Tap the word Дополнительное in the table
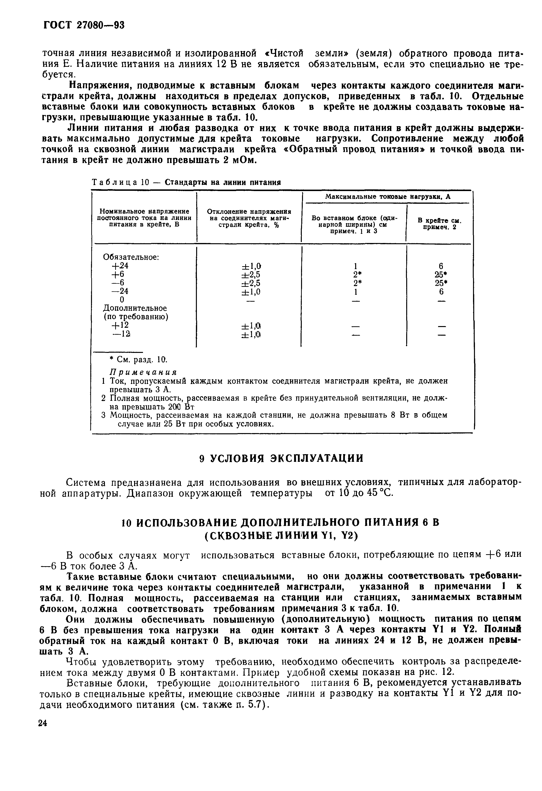[135, 308]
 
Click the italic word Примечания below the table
[143, 372]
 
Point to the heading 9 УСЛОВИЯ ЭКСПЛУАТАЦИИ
[281, 458]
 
